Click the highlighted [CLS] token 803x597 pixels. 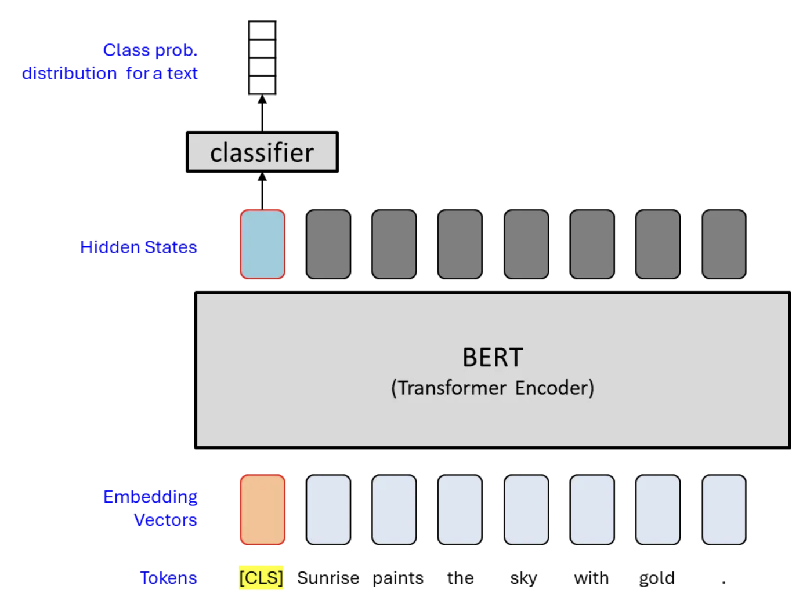click(261, 577)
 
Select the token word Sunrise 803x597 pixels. click(328, 578)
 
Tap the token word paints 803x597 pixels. click(398, 578)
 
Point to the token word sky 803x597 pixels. click(523, 578)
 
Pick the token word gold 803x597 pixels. click(657, 578)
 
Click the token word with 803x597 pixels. click(591, 578)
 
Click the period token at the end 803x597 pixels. click(724, 580)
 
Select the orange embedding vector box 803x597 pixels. click(263, 509)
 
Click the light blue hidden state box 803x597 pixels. click(263, 244)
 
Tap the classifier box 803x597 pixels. click(262, 152)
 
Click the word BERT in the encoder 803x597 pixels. click(493, 358)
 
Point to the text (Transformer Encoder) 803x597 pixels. click(493, 388)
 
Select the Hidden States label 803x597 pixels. click(139, 247)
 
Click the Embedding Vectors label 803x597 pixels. click(151, 508)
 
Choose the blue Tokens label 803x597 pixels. click(168, 578)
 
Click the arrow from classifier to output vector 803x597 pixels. click(262, 114)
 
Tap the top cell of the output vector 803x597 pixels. click(262, 30)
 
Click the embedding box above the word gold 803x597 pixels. click(658, 509)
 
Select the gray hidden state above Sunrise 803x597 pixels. click(328, 244)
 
